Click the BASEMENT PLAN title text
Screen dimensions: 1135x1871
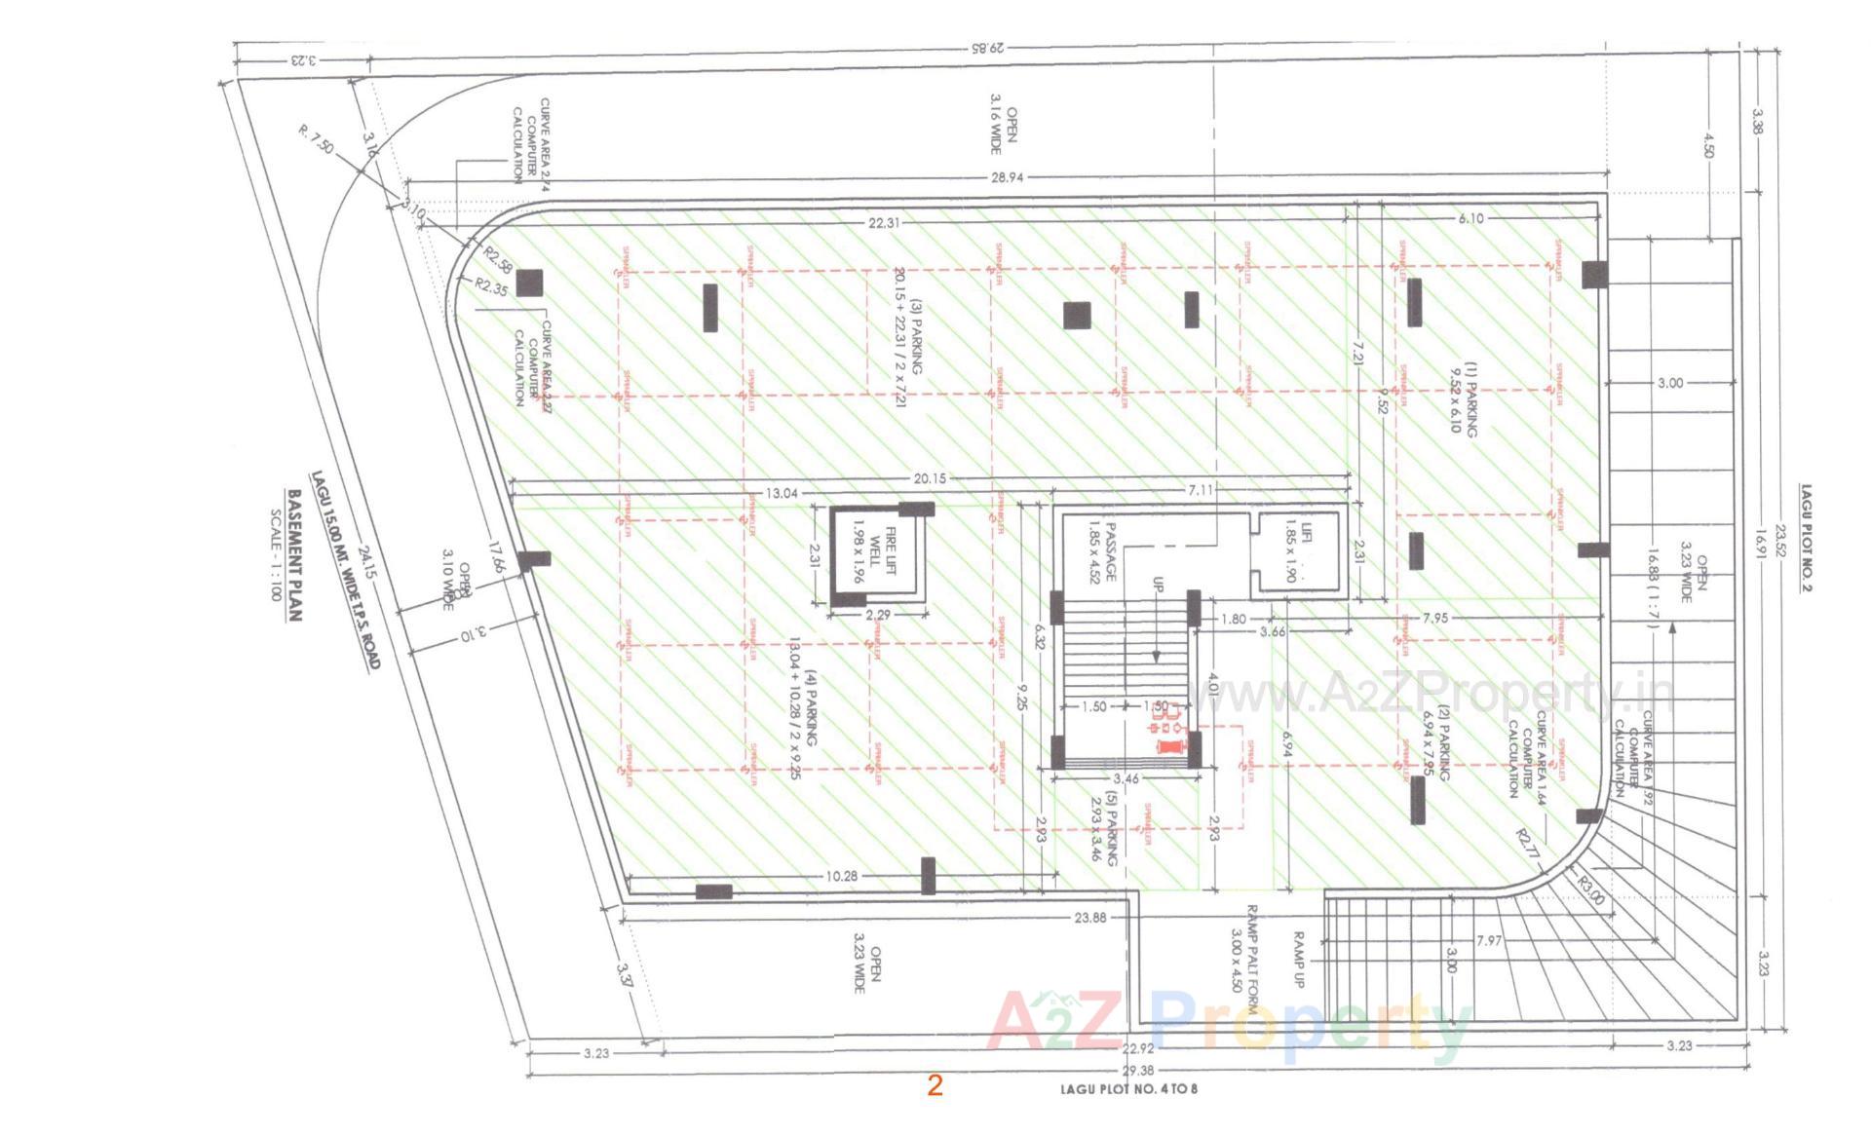pyautogui.click(x=294, y=555)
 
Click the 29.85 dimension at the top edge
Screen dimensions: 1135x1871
pyautogui.click(x=985, y=47)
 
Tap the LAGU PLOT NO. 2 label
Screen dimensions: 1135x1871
pyautogui.click(x=1806, y=538)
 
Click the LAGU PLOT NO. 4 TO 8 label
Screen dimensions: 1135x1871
pyautogui.click(x=1128, y=1088)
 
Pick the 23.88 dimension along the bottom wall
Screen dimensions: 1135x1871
pyautogui.click(x=1089, y=917)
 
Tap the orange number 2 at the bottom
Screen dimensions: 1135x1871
pyautogui.click(x=935, y=1085)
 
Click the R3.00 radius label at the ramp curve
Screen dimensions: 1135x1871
pyautogui.click(x=1589, y=890)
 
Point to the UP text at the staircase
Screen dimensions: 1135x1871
pyautogui.click(x=1158, y=585)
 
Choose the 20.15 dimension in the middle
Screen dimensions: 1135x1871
pyautogui.click(x=930, y=478)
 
